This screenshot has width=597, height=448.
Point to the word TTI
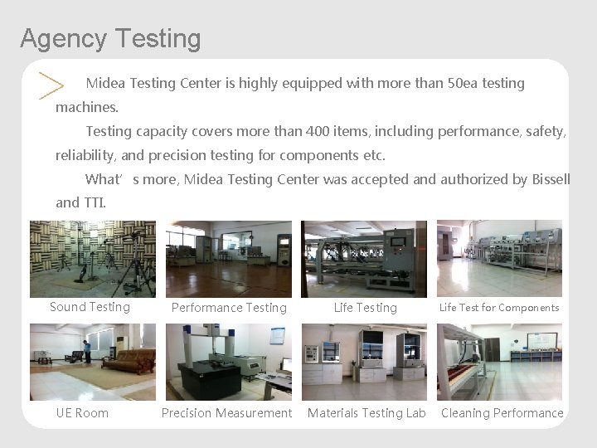(x=94, y=202)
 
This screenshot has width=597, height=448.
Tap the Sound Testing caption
(x=90, y=307)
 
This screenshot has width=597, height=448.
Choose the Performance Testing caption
(x=229, y=308)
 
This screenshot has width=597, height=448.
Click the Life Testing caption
(x=365, y=308)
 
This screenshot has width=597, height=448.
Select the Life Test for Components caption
(x=499, y=308)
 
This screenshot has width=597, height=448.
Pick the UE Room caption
(x=82, y=413)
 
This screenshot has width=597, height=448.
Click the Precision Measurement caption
(x=226, y=413)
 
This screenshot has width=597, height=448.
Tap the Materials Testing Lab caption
(x=366, y=413)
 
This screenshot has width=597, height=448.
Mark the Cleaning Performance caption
(x=502, y=413)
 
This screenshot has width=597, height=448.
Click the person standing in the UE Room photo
(x=87, y=351)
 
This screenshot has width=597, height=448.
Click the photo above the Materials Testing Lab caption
(x=364, y=362)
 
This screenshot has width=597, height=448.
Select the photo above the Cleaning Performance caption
(x=499, y=362)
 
